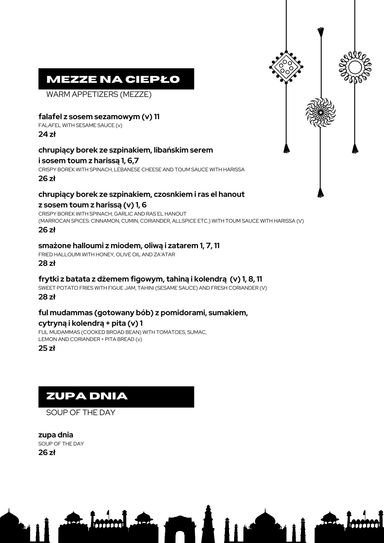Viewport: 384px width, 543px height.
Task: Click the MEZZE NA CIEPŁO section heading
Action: pyautogui.click(x=113, y=79)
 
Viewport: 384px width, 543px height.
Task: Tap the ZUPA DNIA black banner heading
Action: pyautogui.click(x=87, y=396)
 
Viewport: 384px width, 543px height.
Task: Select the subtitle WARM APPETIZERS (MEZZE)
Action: pyautogui.click(x=99, y=94)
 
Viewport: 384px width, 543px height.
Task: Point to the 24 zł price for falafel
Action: pyautogui.click(x=47, y=134)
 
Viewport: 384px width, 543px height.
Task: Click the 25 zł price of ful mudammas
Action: pyautogui.click(x=47, y=348)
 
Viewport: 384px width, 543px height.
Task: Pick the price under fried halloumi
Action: pyautogui.click(x=47, y=263)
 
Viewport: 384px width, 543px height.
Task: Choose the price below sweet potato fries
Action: pyautogui.click(x=47, y=297)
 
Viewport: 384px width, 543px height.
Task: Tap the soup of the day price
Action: pyautogui.click(x=47, y=452)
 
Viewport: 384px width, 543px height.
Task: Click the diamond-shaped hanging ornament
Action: pyautogui.click(x=286, y=67)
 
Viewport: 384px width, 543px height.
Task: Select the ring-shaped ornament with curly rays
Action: pyautogui.click(x=355, y=67)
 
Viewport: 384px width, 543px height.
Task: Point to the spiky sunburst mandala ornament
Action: pyautogui.click(x=320, y=112)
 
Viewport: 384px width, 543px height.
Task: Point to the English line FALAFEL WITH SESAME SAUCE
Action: pyautogui.click(x=80, y=125)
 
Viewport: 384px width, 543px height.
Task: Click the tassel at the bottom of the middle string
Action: pyautogui.click(x=321, y=193)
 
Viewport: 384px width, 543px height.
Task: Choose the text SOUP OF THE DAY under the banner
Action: pyautogui.click(x=81, y=412)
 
